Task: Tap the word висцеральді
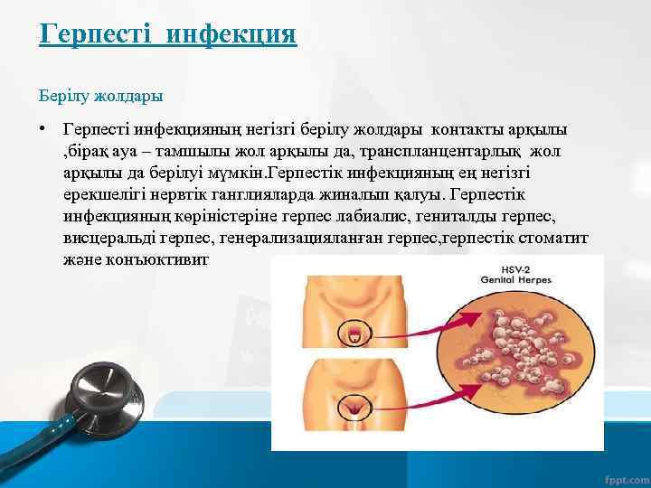[109, 237]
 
